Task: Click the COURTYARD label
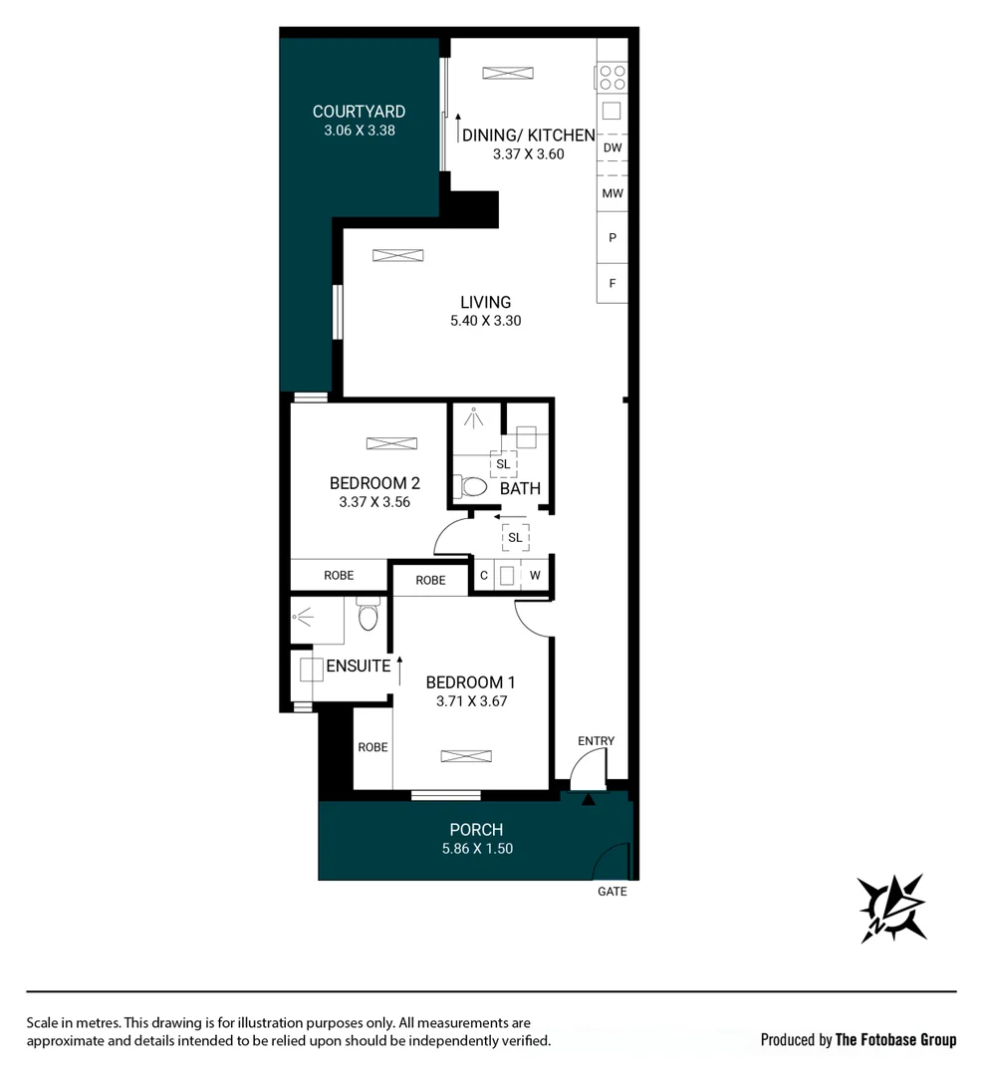tap(359, 112)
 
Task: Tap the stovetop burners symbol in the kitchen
tap(613, 75)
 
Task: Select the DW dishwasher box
tap(613, 148)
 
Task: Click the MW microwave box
tap(613, 193)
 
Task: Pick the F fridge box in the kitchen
tap(613, 283)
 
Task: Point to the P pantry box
tap(613, 238)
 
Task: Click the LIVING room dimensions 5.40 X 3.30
tap(485, 321)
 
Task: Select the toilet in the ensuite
tap(368, 617)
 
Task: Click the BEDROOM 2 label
tap(374, 483)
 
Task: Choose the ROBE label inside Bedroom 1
tap(372, 747)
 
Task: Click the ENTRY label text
tap(596, 741)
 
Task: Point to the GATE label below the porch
tap(612, 892)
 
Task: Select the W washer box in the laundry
tap(535, 576)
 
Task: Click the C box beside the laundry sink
tap(483, 576)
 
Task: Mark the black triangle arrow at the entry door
tap(588, 798)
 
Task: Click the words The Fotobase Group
tap(894, 1040)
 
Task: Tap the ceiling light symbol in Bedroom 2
tap(382, 443)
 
